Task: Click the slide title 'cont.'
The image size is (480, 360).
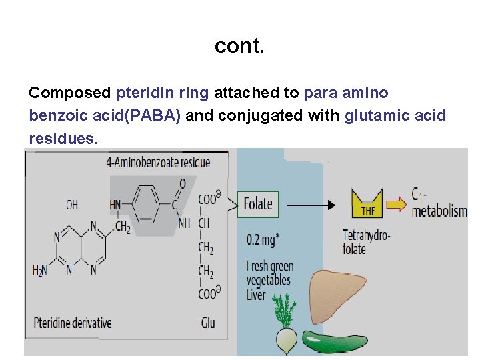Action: coord(239,46)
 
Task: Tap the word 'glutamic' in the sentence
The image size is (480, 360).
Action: coord(373,115)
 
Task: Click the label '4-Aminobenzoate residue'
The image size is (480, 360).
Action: coord(158,162)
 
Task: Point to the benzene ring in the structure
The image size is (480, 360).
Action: coord(145,201)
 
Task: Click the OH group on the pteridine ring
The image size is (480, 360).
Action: coord(72,204)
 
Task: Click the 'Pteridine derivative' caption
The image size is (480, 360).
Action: coord(73,323)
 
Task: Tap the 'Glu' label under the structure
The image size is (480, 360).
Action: coord(207,323)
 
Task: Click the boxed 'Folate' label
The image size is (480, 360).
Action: coord(258,204)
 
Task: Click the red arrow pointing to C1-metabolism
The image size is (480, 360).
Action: coord(397,204)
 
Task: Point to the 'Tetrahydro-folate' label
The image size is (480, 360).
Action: coord(366,241)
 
